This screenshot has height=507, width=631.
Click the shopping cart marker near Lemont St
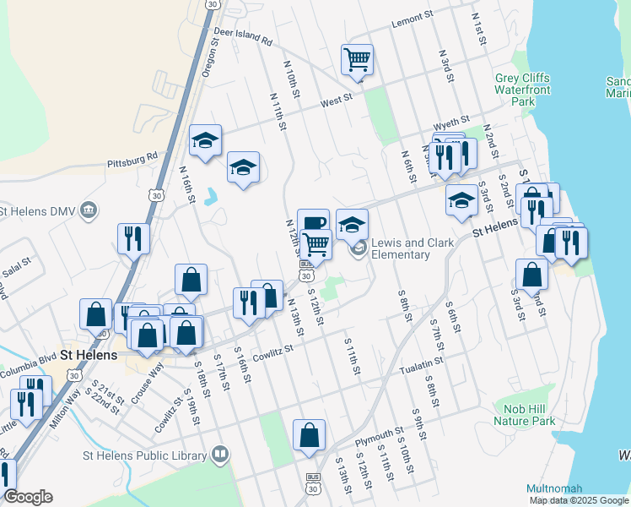357,60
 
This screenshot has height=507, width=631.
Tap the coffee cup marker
313,224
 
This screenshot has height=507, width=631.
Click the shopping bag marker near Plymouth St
310,435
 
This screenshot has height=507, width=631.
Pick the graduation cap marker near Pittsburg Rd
205,142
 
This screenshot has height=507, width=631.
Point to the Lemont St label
412,18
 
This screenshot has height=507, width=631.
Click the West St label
336,101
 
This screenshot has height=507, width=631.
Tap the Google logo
29,497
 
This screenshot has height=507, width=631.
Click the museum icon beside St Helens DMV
91,210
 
